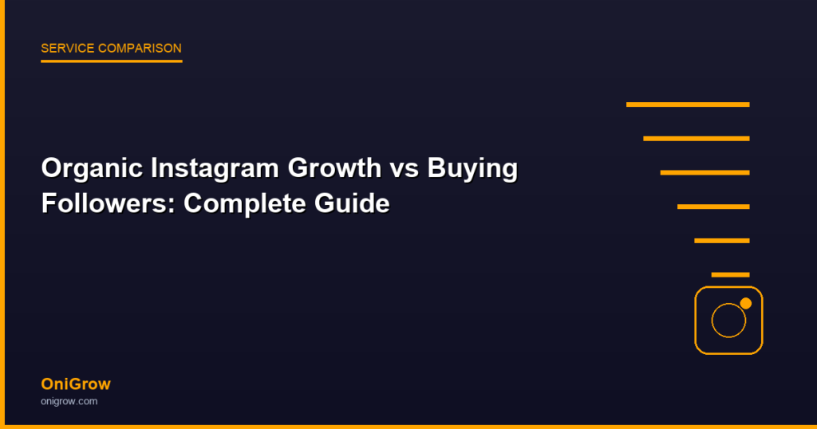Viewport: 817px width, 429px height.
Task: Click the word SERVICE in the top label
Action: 67,49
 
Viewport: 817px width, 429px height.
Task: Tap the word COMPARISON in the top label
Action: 140,49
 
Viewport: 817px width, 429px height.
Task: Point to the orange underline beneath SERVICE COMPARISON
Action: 112,61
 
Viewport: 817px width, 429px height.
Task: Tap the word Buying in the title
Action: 472,169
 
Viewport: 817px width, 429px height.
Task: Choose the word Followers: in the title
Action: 109,203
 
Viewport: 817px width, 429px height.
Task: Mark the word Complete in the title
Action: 244,203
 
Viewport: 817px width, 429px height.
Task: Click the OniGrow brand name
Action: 76,384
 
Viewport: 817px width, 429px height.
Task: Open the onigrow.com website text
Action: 69,401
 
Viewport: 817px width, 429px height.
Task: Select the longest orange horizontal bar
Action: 688,104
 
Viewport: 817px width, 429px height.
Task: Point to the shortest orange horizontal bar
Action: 731,275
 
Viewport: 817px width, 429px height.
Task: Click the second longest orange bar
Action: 697,139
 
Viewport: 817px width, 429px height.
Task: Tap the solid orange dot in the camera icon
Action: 746,304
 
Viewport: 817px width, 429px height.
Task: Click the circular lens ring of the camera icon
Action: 712,321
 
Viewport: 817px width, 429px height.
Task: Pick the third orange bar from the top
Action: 705,173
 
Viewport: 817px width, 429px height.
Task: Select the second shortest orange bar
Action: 722,241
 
